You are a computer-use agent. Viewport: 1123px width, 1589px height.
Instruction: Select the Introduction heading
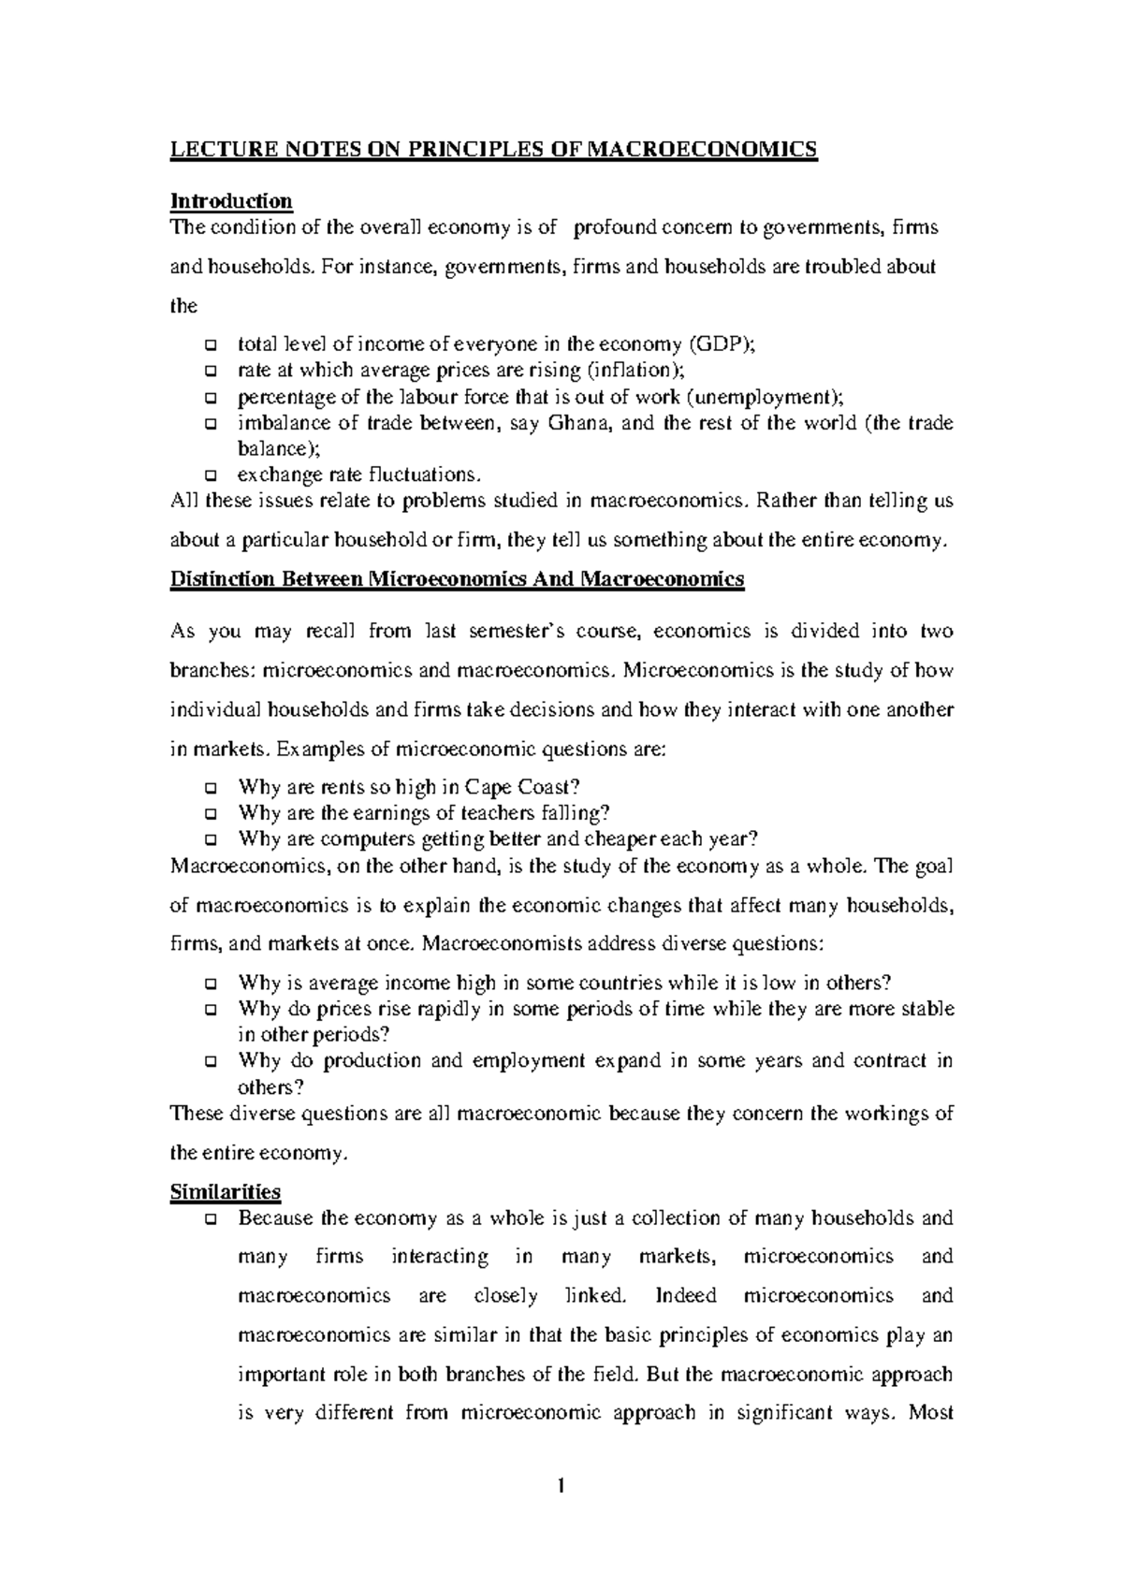(230, 201)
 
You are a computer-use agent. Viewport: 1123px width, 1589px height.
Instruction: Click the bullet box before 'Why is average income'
(210, 984)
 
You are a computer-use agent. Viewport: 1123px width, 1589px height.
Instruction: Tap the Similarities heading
(225, 1192)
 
